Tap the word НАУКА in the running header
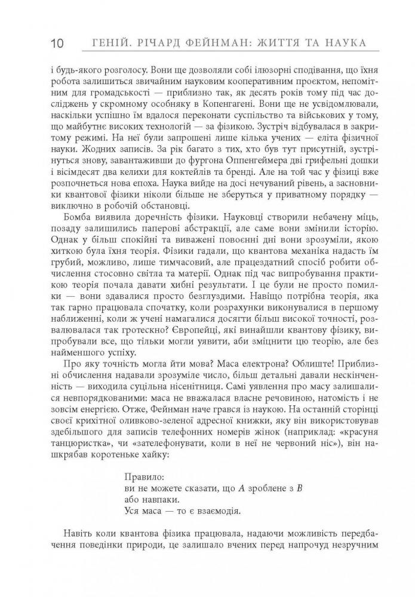coord(344,44)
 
